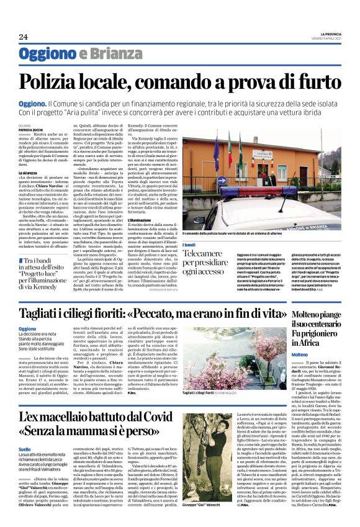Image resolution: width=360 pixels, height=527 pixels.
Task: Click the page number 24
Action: (23, 37)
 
